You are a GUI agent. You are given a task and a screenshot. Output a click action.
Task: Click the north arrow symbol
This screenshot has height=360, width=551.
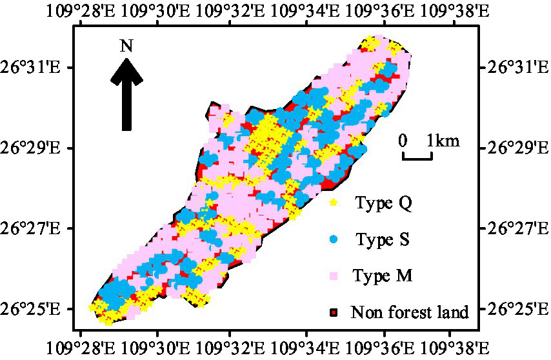[x=127, y=94]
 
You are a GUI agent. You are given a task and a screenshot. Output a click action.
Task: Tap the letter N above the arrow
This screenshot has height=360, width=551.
[x=127, y=46]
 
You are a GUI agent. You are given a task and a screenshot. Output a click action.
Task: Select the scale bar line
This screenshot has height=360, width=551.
[x=417, y=156]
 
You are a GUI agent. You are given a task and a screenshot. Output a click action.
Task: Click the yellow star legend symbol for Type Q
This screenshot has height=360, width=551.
[x=334, y=204]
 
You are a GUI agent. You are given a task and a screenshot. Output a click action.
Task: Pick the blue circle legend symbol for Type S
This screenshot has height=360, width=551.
[x=334, y=239]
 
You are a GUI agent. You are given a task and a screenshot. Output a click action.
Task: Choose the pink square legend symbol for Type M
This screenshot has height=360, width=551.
[x=334, y=276]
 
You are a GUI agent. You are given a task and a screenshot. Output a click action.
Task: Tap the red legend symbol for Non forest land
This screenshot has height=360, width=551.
[x=334, y=313]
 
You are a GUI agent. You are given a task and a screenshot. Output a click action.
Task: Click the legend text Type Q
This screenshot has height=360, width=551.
[x=383, y=204]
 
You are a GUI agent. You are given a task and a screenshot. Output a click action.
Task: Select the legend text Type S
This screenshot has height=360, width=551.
[x=383, y=240]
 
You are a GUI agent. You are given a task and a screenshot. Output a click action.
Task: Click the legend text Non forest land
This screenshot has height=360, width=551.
[x=410, y=313]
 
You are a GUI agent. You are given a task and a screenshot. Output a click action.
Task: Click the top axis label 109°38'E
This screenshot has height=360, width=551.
[x=459, y=11]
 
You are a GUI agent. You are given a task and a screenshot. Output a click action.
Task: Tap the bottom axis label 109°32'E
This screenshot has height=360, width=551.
[x=230, y=349]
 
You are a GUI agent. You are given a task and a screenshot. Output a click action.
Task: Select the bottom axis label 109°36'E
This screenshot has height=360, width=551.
[x=383, y=349]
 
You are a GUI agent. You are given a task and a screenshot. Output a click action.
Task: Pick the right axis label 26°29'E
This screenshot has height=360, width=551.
[x=514, y=148]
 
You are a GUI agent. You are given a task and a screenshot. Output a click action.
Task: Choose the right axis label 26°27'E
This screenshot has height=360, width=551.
[x=514, y=228]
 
